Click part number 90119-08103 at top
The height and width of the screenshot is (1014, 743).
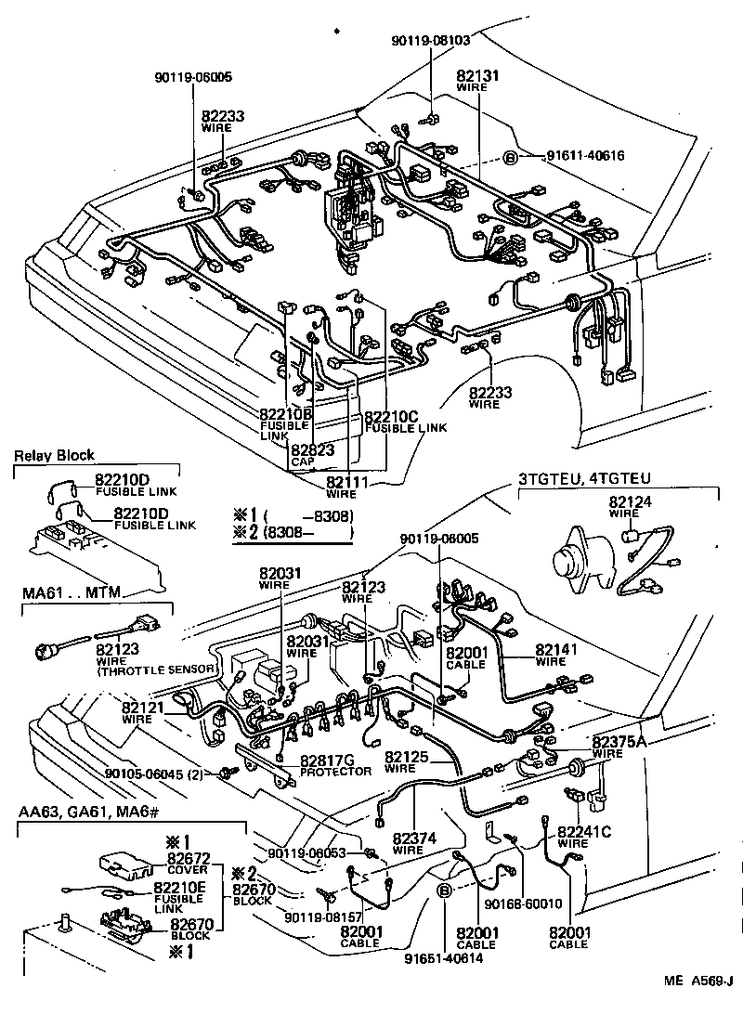[431, 41]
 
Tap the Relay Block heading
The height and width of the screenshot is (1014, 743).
[54, 456]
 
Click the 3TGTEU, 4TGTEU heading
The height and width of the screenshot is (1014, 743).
[585, 480]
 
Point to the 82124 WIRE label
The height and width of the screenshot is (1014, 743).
[624, 507]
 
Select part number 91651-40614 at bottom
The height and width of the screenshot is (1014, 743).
[444, 958]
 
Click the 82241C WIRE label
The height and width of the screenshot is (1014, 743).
[584, 837]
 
